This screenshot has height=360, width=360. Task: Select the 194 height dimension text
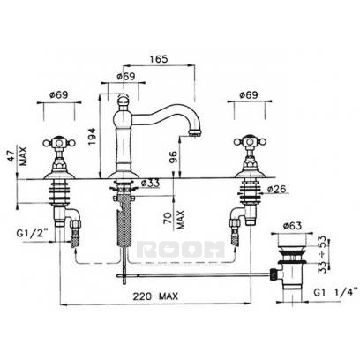pos(92,136)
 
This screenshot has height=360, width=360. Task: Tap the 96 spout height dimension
pos(174,157)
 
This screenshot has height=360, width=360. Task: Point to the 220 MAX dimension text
pos(155,296)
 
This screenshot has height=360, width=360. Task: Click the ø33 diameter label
pos(150,183)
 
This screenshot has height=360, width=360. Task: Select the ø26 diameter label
pos(277,189)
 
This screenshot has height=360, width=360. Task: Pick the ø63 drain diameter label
pos(292,226)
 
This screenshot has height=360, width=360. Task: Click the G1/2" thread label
pos(33,234)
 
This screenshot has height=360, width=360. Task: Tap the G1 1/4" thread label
pos(336,292)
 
